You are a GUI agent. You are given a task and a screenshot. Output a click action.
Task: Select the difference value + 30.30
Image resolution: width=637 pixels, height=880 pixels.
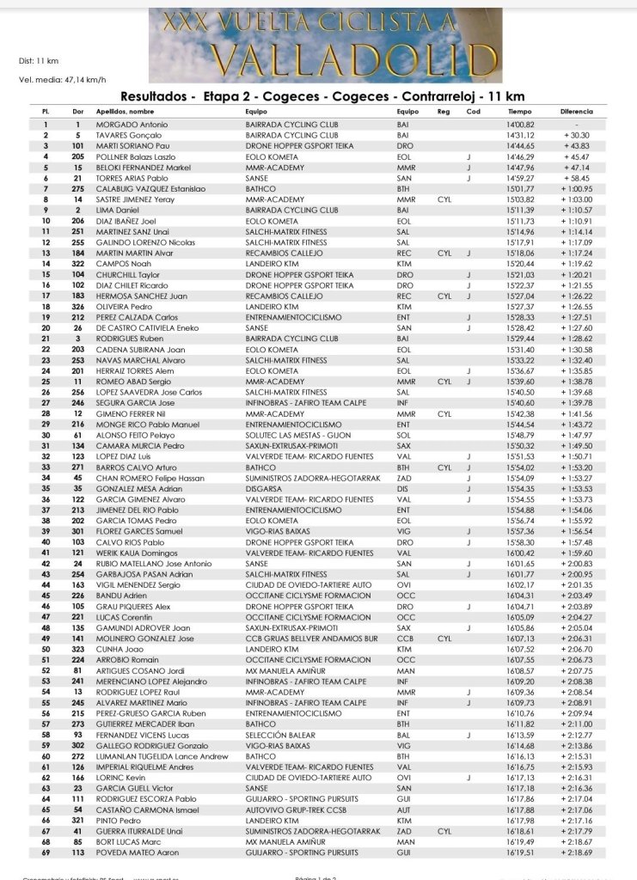(x=576, y=136)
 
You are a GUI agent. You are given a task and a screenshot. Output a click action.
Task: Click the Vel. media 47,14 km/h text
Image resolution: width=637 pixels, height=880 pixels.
(x=62, y=79)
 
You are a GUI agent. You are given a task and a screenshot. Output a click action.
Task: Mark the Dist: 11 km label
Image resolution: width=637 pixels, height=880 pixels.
(x=39, y=61)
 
